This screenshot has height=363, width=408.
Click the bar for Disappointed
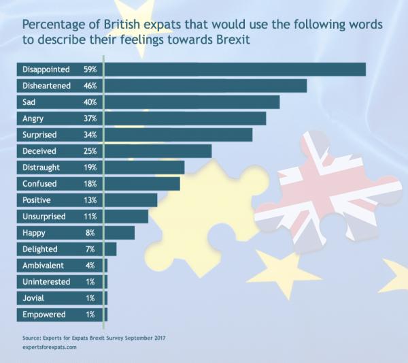click(x=235, y=69)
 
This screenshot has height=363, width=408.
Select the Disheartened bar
click(x=205, y=86)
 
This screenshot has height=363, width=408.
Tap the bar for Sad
click(x=192, y=102)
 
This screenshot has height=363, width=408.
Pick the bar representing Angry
click(x=185, y=119)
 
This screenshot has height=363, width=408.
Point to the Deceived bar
click(x=158, y=151)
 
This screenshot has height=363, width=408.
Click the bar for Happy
click(x=120, y=233)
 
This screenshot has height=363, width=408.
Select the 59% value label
click(x=90, y=69)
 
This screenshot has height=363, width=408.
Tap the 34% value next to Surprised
click(x=90, y=135)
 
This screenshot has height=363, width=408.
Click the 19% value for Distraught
click(x=90, y=168)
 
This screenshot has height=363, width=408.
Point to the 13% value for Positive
click(x=90, y=200)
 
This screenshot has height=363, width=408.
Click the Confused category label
click(x=39, y=184)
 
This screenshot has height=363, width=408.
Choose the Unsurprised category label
click(x=44, y=217)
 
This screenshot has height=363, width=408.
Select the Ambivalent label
click(x=43, y=266)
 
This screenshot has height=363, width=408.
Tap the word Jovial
click(x=33, y=298)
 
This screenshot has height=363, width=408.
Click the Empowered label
click(x=44, y=315)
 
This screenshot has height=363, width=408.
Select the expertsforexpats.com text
click(x=49, y=347)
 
